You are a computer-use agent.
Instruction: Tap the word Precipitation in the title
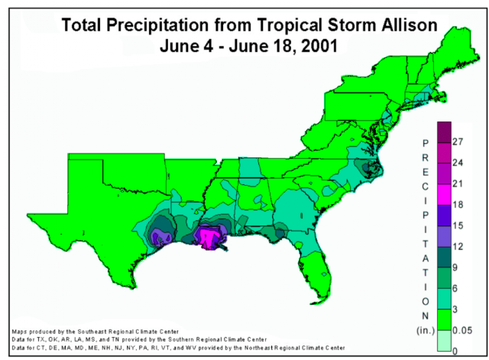[x=157, y=25]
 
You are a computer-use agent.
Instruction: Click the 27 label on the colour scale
[x=458, y=141]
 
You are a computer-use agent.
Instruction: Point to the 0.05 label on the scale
[x=462, y=330]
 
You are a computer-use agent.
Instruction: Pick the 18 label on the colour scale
[x=458, y=205]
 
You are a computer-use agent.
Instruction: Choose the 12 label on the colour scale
[x=458, y=246]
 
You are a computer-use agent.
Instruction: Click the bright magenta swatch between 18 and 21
[x=444, y=194]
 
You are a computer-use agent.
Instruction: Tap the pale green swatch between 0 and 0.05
[x=444, y=341]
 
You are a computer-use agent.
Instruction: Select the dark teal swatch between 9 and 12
[x=444, y=257]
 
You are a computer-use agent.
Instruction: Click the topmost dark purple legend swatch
[x=444, y=132]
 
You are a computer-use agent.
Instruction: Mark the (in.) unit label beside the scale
[x=426, y=330]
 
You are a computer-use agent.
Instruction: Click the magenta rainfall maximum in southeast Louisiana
[x=207, y=238]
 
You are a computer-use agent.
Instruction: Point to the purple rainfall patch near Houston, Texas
[x=160, y=238]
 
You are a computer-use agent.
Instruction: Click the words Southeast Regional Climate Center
[x=128, y=332]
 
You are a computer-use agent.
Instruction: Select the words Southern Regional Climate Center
[x=217, y=339]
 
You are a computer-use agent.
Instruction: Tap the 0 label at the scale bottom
[x=455, y=352]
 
